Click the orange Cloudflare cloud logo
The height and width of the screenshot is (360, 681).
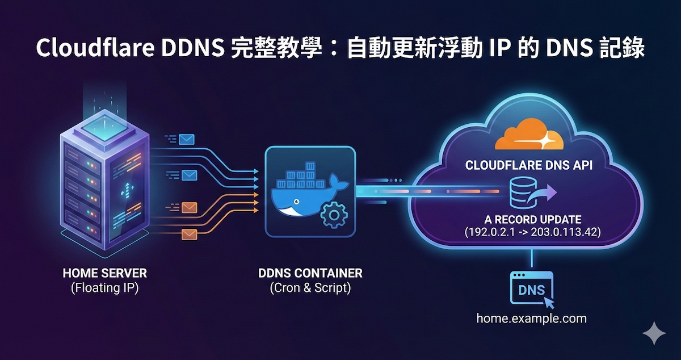click(525, 136)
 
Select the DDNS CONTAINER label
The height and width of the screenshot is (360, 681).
click(310, 274)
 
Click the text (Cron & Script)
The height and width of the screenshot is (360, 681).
click(310, 288)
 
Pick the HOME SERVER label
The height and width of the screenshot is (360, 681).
click(105, 274)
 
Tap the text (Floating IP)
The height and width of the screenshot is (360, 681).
click(105, 288)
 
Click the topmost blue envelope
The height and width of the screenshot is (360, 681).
click(186, 139)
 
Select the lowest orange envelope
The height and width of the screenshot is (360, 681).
click(188, 234)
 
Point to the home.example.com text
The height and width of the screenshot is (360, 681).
click(531, 318)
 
